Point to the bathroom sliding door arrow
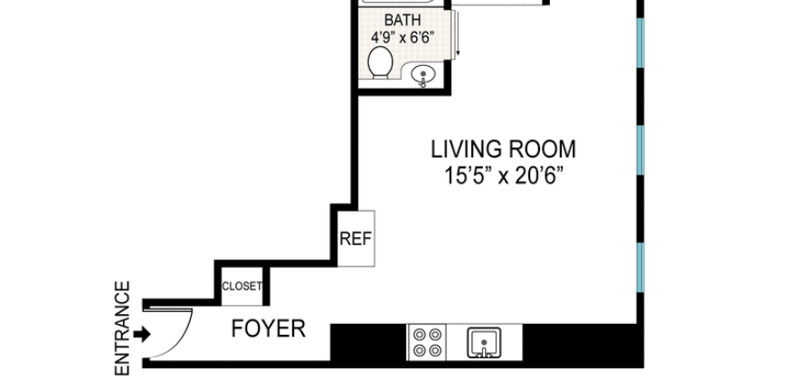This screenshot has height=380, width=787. coord(458,41)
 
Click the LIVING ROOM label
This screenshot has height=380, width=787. coord(503,149)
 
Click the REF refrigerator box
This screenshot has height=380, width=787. coord(356,239)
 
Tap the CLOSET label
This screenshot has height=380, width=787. coord(242,287)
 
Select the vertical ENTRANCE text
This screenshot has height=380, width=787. coord(123,328)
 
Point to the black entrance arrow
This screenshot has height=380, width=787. coord(142,335)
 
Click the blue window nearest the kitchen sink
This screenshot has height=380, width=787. coord(640,268)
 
